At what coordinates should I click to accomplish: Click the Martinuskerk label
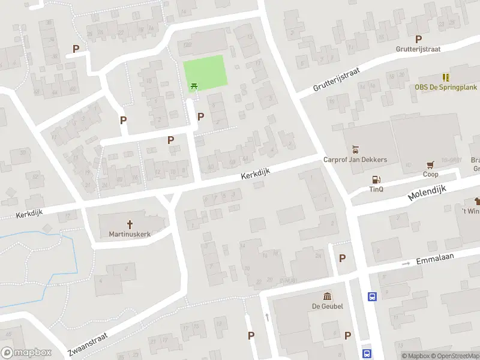tap(130, 233)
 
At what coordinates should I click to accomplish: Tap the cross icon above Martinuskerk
tap(130, 223)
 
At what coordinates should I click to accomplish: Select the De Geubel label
tap(328, 306)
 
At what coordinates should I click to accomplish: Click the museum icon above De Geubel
tap(328, 296)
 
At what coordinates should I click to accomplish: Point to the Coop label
tap(430, 175)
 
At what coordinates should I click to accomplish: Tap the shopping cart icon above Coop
tap(430, 164)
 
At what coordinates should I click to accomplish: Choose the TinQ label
tap(376, 189)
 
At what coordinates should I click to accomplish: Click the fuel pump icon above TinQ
tap(376, 179)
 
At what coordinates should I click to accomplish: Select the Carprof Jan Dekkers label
tap(355, 160)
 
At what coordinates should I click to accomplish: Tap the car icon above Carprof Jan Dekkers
tap(355, 149)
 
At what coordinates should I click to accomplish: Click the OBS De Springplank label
tap(446, 87)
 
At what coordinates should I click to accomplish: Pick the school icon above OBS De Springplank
tap(446, 77)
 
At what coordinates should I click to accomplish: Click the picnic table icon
tap(194, 86)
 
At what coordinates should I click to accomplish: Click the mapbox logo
tap(26, 353)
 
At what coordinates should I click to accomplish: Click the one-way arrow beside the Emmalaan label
tap(406, 263)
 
